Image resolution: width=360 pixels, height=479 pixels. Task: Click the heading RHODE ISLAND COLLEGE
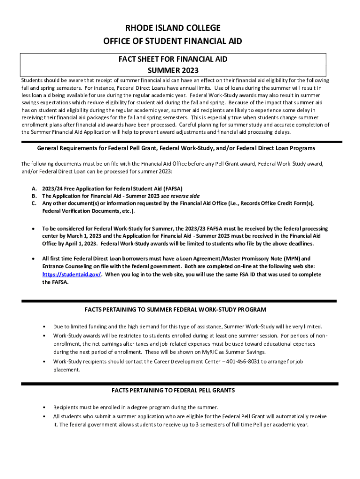point(173,28)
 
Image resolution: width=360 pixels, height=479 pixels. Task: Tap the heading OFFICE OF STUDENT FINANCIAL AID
point(173,42)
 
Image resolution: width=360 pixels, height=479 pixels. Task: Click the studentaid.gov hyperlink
point(72,275)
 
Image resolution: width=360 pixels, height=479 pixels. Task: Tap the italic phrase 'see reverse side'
point(180,196)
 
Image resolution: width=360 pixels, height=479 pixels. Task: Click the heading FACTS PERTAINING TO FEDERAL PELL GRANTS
point(173,390)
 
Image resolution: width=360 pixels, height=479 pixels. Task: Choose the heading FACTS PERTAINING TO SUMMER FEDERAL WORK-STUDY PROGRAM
point(175,310)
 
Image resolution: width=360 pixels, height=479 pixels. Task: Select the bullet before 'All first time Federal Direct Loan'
point(33,259)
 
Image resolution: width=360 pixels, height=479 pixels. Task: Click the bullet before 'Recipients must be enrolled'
point(44,407)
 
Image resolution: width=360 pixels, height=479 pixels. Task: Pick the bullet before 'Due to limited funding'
point(44,327)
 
